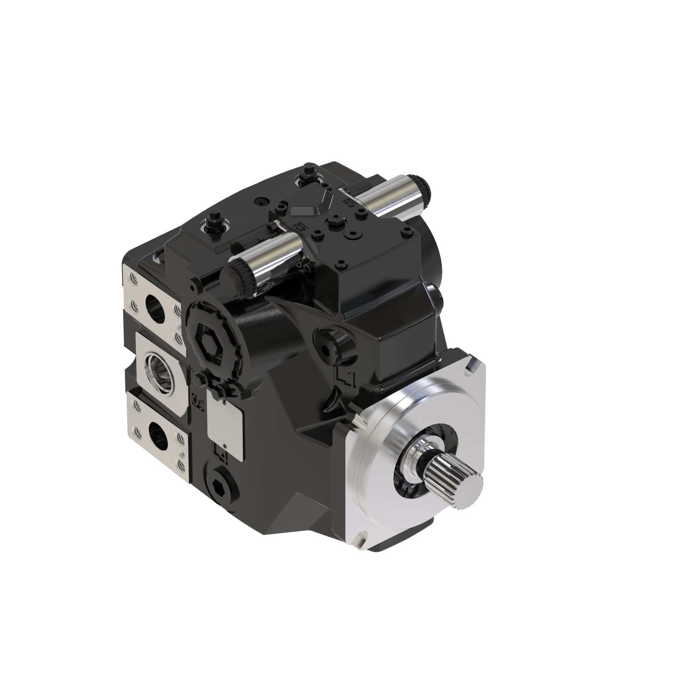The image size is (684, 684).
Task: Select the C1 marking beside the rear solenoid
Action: pos(349,202)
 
